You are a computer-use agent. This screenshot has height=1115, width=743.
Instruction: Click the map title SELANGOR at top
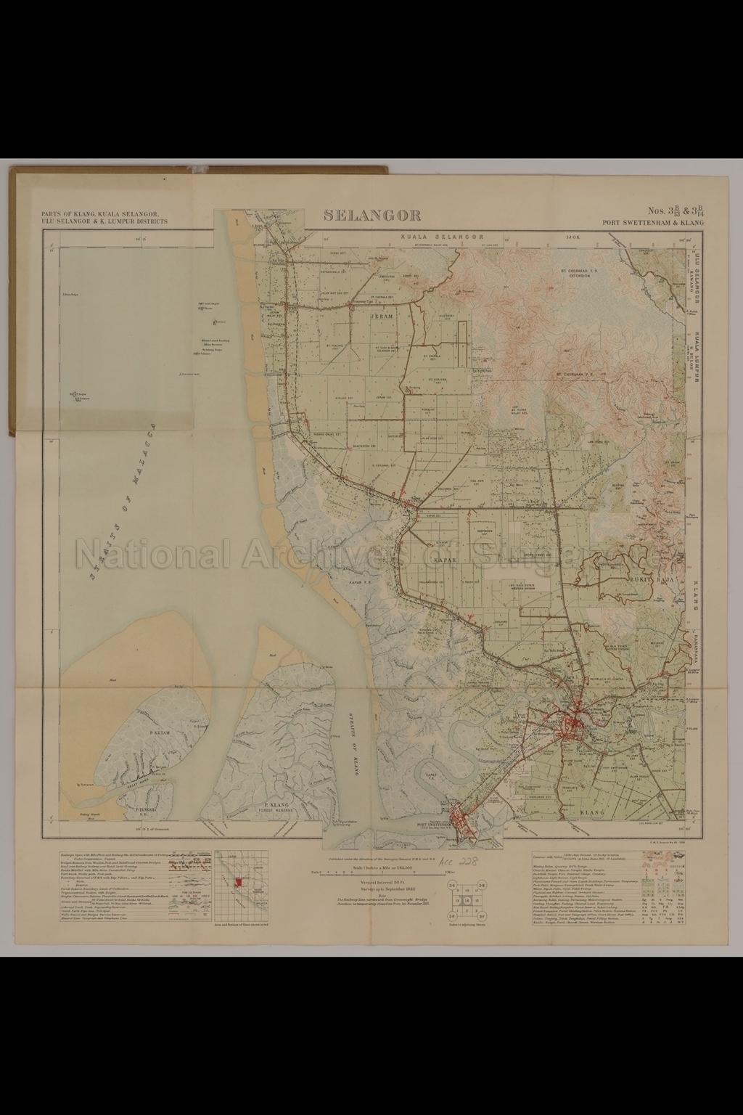tap(372, 215)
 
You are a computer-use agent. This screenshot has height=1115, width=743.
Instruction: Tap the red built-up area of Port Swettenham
tap(461, 820)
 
